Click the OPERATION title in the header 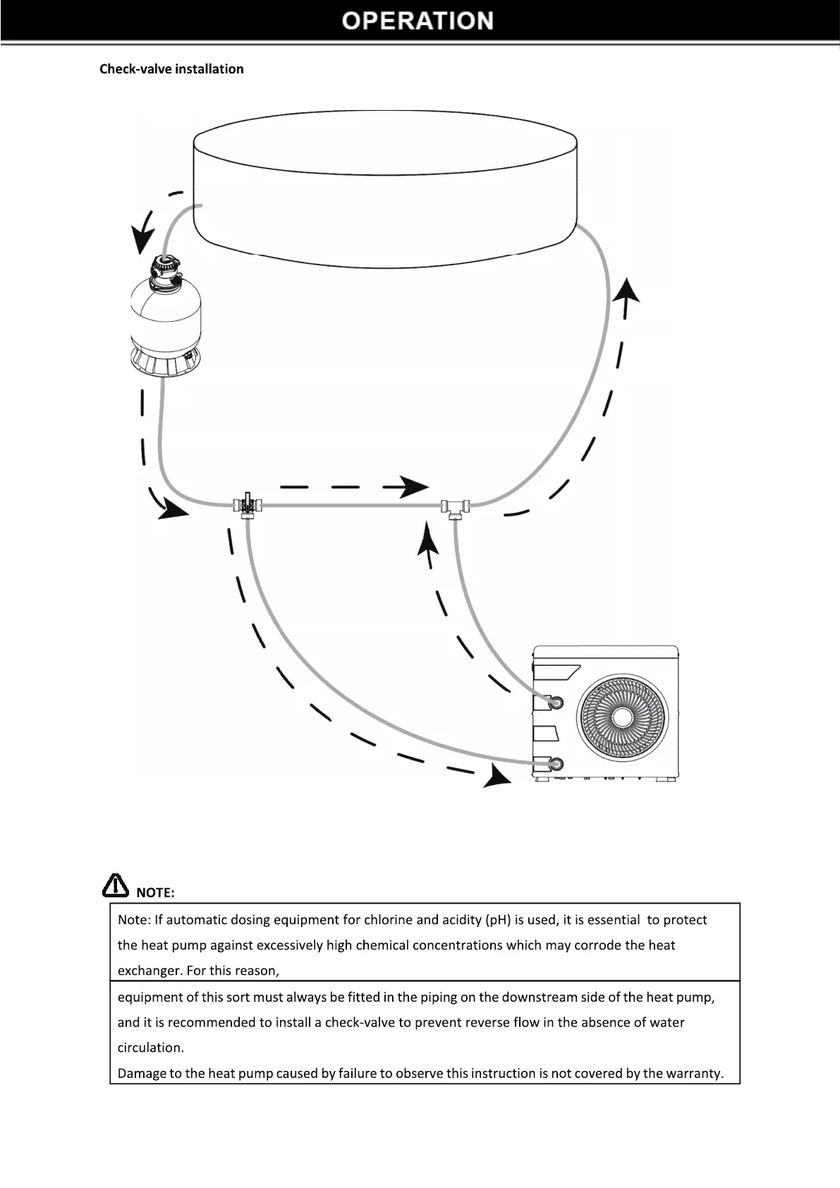418,20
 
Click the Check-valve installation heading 171,69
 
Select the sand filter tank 166,321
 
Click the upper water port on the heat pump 556,702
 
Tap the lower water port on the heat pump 556,763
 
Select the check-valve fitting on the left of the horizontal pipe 248,505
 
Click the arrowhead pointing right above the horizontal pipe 411,486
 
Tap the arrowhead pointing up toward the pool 626,291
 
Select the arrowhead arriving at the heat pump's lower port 497,777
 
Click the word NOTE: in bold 155,892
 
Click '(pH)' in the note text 497,920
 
